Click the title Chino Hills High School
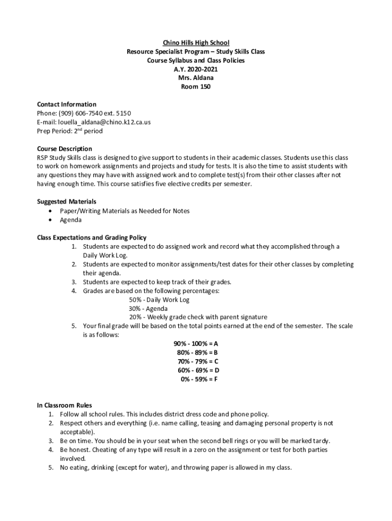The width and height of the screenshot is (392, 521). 196,43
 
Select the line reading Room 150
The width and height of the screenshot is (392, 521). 196,87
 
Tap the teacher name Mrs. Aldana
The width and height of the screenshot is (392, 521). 196,78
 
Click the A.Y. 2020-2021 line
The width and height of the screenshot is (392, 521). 196,69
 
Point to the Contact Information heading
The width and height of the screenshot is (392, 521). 67,105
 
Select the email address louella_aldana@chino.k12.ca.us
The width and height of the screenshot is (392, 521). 100,122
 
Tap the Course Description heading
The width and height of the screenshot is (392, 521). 65,149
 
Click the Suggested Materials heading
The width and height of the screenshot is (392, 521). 67,202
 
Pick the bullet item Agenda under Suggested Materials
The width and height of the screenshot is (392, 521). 71,220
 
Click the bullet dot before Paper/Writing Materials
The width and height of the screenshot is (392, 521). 49,211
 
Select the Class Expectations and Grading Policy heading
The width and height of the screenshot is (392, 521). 92,238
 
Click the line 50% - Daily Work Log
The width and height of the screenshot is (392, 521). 159,300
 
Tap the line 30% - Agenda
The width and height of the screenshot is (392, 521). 148,308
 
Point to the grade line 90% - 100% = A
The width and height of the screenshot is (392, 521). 196,344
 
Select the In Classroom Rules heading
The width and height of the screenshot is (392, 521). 65,406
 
